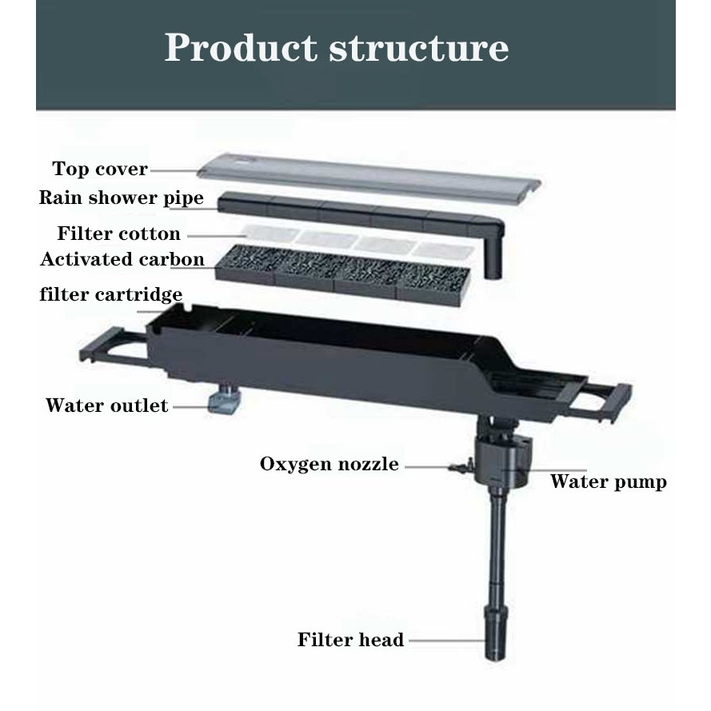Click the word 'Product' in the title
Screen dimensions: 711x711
coord(242,48)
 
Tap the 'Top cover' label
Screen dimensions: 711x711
coord(100,169)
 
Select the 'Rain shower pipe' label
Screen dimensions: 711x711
coord(121,198)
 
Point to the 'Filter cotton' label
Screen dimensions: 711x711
coord(118,234)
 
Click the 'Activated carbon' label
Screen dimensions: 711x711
coord(122,259)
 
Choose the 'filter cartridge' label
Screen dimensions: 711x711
coord(111,294)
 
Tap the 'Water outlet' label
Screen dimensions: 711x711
coord(106,405)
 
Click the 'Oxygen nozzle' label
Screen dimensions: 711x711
coord(329,464)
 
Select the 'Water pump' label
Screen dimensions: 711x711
coord(608,481)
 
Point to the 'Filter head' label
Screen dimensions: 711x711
coord(350,640)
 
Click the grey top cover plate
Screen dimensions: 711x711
coord(368,178)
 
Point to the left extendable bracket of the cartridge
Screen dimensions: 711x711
coord(112,346)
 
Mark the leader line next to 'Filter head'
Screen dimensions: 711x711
coord(445,640)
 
